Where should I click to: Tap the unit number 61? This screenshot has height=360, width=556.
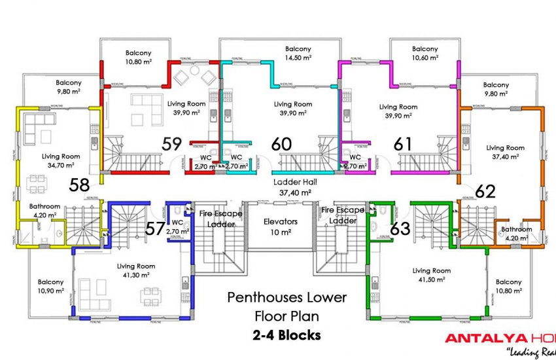click(x=402, y=143)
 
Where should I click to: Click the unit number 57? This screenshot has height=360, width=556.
click(x=155, y=228)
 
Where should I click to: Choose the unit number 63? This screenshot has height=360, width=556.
click(x=400, y=228)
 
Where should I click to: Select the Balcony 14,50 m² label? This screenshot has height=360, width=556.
click(x=298, y=53)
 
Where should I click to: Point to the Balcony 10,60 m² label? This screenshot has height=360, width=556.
click(x=425, y=53)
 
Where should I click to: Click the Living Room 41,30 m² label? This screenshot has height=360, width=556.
click(x=136, y=270)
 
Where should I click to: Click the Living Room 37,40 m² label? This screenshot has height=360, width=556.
click(x=505, y=152)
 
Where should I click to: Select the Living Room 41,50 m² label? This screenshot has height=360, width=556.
click(x=432, y=275)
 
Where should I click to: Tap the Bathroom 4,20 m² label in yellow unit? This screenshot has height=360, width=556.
click(x=44, y=211)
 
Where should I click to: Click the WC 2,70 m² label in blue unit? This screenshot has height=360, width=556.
click(x=178, y=227)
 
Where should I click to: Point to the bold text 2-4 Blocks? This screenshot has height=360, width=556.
click(x=287, y=336)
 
